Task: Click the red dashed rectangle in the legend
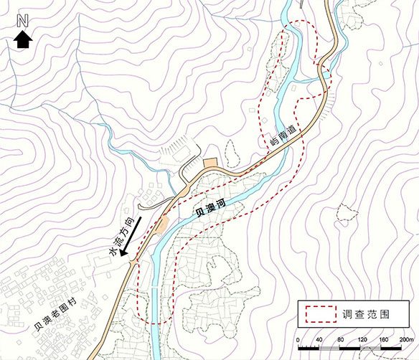[320, 314]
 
